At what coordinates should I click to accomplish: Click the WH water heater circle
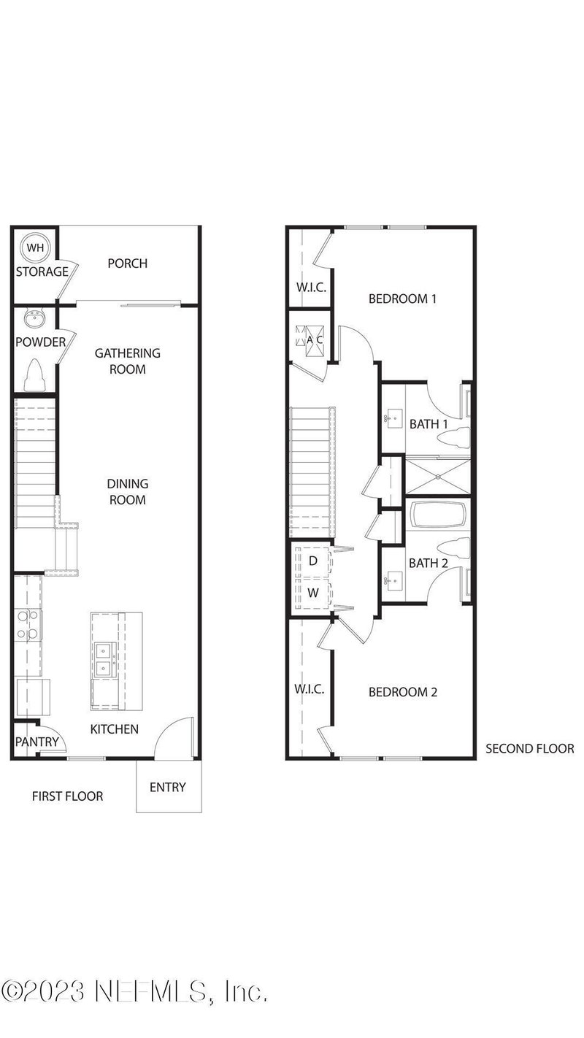coord(35,247)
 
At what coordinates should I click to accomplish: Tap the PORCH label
coord(127,264)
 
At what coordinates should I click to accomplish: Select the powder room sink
coord(34,319)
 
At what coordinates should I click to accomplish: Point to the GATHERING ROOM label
coord(127,361)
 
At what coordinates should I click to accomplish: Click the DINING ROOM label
coord(127,491)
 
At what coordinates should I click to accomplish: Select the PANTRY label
coord(36,742)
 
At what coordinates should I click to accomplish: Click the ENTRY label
coord(167,787)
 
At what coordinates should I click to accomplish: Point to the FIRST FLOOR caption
coord(67,796)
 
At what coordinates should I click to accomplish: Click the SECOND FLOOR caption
coord(530,748)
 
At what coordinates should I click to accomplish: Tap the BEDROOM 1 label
coord(402,299)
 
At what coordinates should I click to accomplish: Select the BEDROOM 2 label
coord(402,692)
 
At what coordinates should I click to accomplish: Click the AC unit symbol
coord(310,339)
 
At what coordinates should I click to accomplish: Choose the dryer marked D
coord(312,561)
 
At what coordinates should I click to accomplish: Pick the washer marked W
coord(312,593)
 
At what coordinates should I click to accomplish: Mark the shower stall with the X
coord(438,475)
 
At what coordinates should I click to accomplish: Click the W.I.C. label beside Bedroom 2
coord(309,689)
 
